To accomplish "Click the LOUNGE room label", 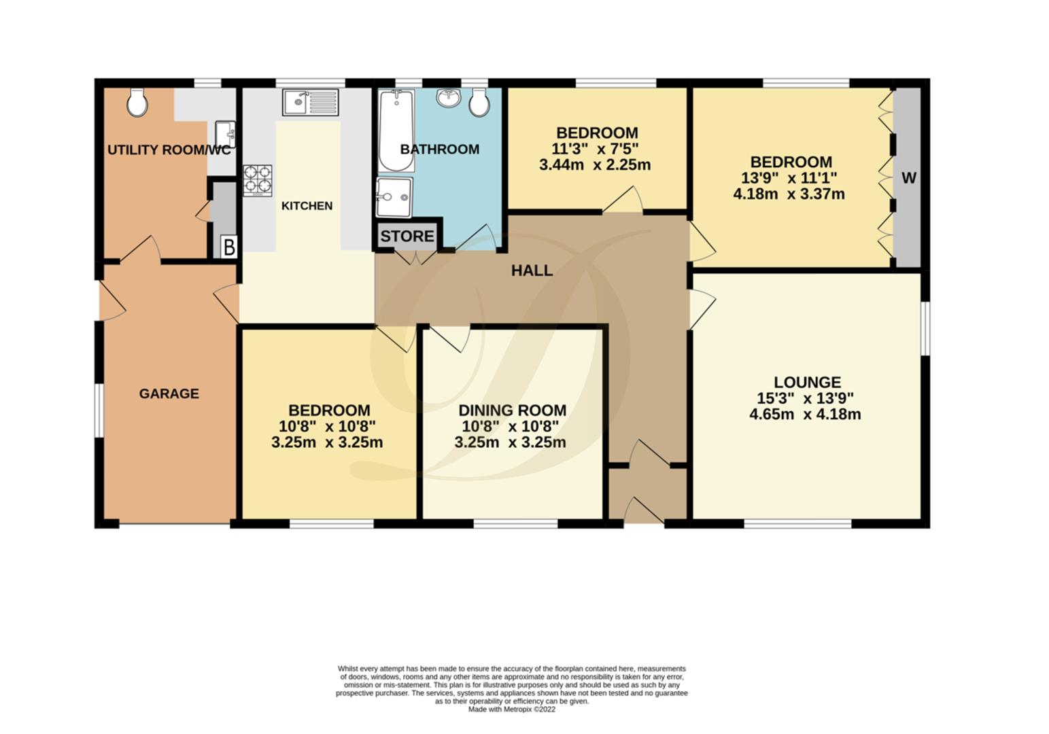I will (807, 383).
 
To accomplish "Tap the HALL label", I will (532, 271).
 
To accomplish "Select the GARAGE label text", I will (169, 394).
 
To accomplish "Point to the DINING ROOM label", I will (512, 410).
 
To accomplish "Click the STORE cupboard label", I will (407, 237).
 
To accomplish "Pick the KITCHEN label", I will (307, 206).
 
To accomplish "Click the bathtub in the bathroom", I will (396, 131).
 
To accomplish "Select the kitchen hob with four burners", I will (258, 180).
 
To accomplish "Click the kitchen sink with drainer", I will (311, 103).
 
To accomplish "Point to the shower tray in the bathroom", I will (394, 197).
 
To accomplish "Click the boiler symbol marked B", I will (229, 247).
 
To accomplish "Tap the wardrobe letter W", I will (909, 178).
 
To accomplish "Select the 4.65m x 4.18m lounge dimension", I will (805, 415).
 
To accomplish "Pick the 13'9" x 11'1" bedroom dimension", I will (791, 178).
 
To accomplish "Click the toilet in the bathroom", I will (479, 103).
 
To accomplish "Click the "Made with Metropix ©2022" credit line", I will (511, 710).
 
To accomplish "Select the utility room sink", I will (225, 133).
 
